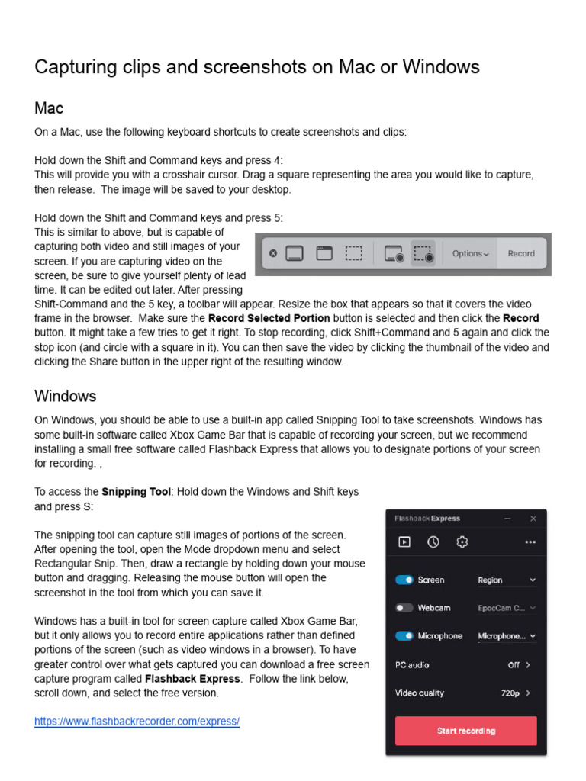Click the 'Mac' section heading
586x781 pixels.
pyautogui.click(x=49, y=108)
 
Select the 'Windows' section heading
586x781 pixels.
pyautogui.click(x=65, y=396)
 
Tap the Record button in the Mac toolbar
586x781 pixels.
pyautogui.click(x=521, y=253)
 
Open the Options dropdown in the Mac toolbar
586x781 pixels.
pyautogui.click(x=470, y=253)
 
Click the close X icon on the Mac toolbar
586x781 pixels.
pyautogui.click(x=273, y=253)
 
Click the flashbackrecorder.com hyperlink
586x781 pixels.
pyautogui.click(x=137, y=721)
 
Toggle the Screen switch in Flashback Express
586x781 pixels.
pyautogui.click(x=404, y=580)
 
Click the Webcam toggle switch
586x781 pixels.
pyautogui.click(x=404, y=608)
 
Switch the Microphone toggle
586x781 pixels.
pyautogui.click(x=404, y=635)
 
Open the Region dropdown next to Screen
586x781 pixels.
pyautogui.click(x=507, y=580)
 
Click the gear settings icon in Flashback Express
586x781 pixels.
pyautogui.click(x=462, y=542)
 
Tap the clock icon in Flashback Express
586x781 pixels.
pyautogui.click(x=433, y=542)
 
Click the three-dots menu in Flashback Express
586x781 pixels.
pyautogui.click(x=530, y=542)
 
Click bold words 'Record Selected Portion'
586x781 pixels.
pyautogui.click(x=269, y=318)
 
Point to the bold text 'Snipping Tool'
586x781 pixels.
pyautogui.click(x=136, y=492)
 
